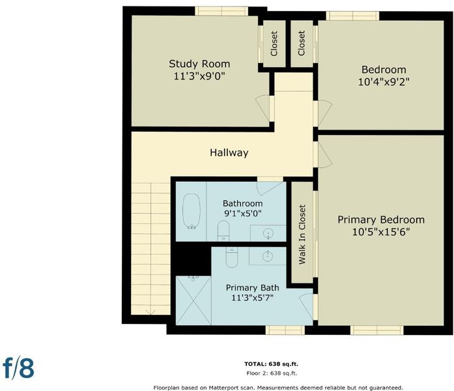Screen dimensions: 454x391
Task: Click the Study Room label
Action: click(199, 64)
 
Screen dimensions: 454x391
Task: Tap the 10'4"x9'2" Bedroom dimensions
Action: click(384, 82)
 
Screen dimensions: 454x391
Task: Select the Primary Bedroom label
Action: click(381, 220)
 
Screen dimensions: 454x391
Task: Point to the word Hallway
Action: click(229, 152)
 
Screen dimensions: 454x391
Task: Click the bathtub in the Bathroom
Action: click(192, 211)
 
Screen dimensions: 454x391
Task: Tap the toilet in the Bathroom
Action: click(223, 231)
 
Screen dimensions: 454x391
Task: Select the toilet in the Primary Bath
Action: click(232, 257)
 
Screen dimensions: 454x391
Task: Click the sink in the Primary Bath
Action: click(268, 256)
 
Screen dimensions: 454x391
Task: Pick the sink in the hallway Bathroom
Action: click(268, 233)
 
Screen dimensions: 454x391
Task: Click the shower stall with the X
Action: click(193, 300)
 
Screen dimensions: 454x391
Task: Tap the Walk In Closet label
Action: click(302, 235)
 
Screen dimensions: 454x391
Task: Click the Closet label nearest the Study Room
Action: click(274, 44)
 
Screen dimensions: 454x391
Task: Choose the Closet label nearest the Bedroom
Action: click(302, 43)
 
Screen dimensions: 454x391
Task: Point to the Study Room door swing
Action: click(263, 108)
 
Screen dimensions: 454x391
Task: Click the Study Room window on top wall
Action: click(221, 11)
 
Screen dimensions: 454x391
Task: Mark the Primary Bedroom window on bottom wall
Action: click(376, 330)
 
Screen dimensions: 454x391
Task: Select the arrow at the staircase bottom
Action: click(150, 312)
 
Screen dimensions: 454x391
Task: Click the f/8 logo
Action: click(18, 368)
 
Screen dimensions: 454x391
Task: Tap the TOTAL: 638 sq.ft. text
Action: click(272, 364)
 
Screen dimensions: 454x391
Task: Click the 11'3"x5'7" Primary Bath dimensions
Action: click(253, 297)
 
